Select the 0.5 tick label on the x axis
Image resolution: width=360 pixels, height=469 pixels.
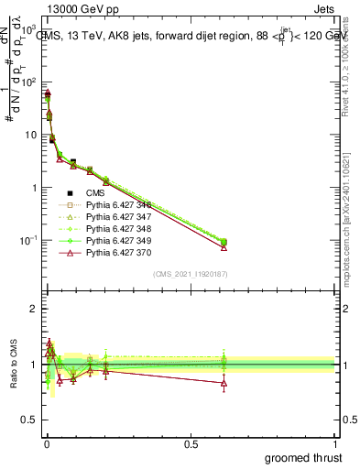point(191,443)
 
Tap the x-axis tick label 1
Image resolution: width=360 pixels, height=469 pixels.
point(335,443)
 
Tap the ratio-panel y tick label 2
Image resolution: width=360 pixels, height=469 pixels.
point(31,309)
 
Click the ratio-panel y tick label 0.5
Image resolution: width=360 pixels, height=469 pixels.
point(27,420)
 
